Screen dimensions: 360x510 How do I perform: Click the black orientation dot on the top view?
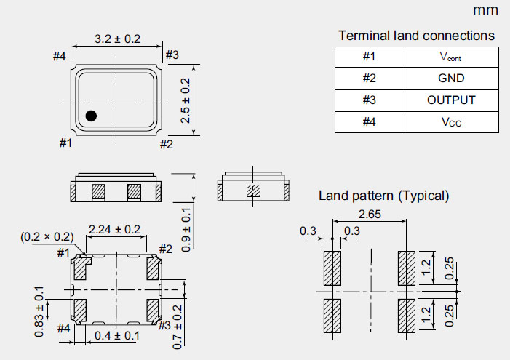click(92, 115)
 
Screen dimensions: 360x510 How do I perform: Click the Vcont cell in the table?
click(451, 57)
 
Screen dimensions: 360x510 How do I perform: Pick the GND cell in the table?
click(451, 79)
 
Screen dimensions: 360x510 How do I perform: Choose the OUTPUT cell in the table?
click(451, 100)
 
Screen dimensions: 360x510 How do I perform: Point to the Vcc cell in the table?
click(451, 122)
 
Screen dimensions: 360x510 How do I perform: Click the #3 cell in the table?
click(369, 100)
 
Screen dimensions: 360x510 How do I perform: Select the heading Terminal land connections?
click(416, 36)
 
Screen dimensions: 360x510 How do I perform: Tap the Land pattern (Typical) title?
click(384, 196)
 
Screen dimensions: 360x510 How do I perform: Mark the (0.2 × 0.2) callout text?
click(47, 237)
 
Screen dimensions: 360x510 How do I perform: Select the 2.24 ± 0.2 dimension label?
click(114, 230)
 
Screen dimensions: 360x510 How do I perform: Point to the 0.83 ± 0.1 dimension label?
click(39, 311)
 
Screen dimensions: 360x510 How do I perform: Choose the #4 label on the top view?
click(60, 56)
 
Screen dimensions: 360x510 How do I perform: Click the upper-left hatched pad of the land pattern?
click(332, 269)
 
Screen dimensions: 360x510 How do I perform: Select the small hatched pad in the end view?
click(253, 193)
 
